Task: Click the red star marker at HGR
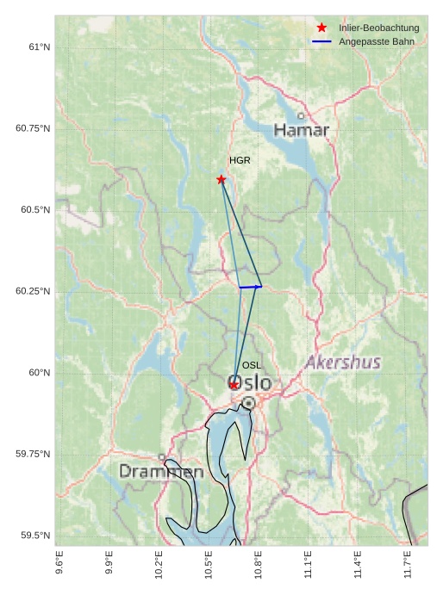pyautogui.click(x=221, y=179)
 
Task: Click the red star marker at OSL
pyautogui.click(x=234, y=385)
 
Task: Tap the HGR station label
pyautogui.click(x=240, y=161)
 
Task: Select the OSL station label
pyautogui.click(x=252, y=366)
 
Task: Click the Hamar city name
pyautogui.click(x=302, y=130)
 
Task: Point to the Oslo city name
pyautogui.click(x=249, y=382)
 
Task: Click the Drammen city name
pyautogui.click(x=161, y=472)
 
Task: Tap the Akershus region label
pyautogui.click(x=343, y=363)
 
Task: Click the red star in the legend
pyautogui.click(x=321, y=28)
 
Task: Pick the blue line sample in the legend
pyautogui.click(x=321, y=42)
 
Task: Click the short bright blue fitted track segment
pyautogui.click(x=250, y=287)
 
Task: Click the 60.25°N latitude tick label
pyautogui.click(x=34, y=291)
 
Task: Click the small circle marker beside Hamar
pyautogui.click(x=301, y=115)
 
